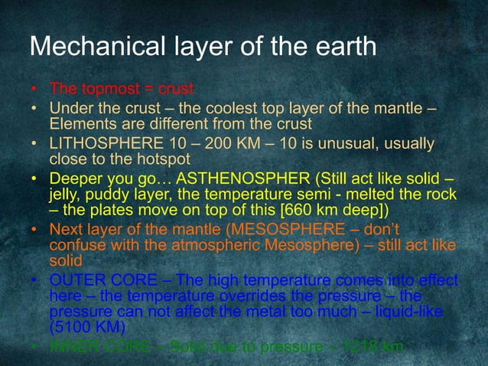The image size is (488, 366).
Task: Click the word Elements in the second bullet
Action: [x=77, y=123]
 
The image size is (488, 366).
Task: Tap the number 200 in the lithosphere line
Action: [x=210, y=144]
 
